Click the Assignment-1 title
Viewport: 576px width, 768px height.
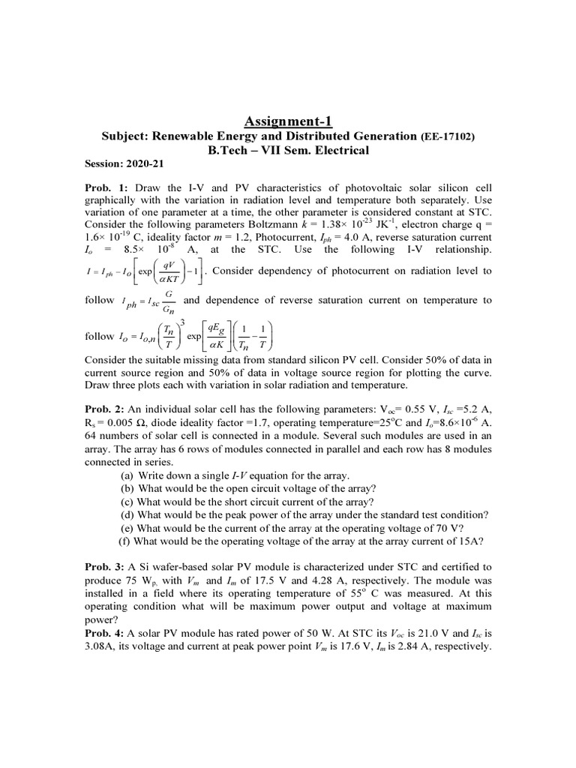[x=288, y=121]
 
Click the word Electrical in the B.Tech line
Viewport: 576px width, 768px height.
[x=342, y=150]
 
